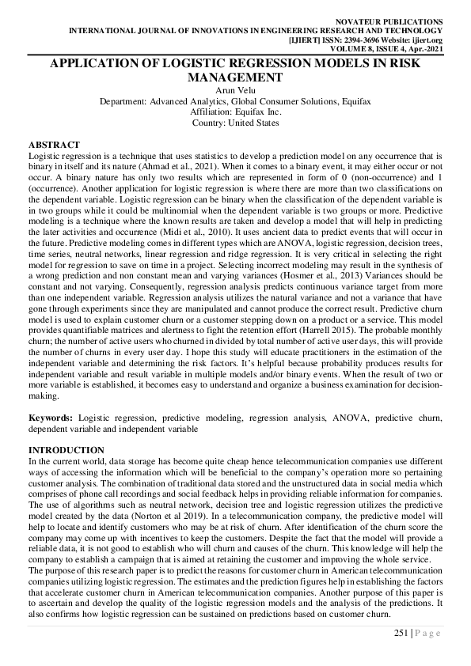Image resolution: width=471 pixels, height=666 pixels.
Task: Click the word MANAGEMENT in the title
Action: click(234, 78)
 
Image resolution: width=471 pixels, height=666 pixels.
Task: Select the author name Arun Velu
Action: click(235, 92)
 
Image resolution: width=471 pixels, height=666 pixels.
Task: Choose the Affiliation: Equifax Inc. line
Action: click(235, 112)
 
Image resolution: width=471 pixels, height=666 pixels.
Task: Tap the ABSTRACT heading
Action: click(54, 145)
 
